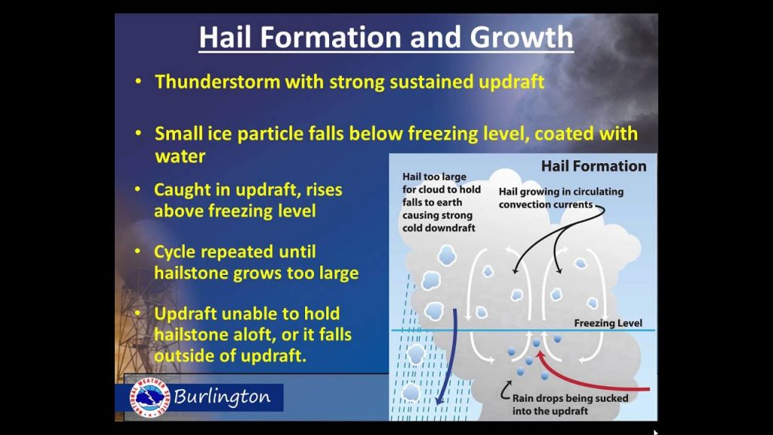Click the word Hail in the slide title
tap(226, 37)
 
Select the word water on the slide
tap(180, 156)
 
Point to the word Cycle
tap(177, 252)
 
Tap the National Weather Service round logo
tap(150, 397)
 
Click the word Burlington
tap(222, 396)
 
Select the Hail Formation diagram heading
tap(593, 166)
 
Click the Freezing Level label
tap(608, 323)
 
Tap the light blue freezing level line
tap(523, 330)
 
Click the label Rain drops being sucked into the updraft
tap(570, 405)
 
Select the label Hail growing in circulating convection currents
tap(561, 198)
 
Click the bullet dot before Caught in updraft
tap(137, 190)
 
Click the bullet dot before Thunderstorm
tap(139, 82)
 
